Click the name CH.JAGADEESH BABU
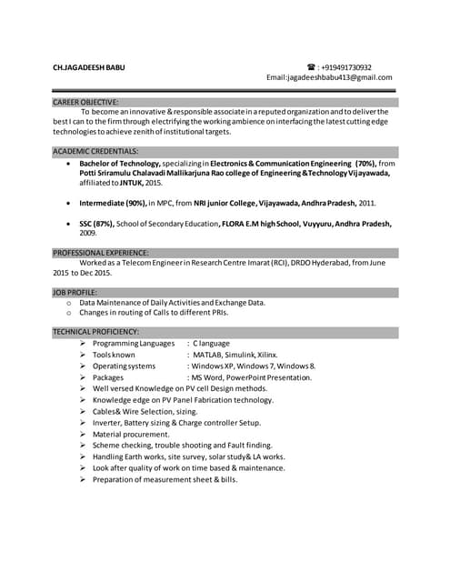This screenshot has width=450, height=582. click(x=90, y=67)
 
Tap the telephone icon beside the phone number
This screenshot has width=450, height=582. click(x=311, y=67)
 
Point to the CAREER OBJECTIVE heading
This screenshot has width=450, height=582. click(x=85, y=102)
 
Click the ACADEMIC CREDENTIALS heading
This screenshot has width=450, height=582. click(x=95, y=151)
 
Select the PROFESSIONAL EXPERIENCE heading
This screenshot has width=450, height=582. click(x=101, y=252)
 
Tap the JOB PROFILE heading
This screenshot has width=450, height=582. click(x=75, y=292)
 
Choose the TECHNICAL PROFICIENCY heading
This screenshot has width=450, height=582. click(x=95, y=332)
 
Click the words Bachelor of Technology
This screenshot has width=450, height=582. click(x=120, y=163)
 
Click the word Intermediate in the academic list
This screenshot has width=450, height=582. click(x=105, y=203)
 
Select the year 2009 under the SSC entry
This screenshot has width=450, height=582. click(x=88, y=233)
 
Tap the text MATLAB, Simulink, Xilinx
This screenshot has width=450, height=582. click(x=235, y=355)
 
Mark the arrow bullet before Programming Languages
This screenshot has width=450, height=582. click(x=83, y=344)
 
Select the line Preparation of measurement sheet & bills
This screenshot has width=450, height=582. click(x=165, y=479)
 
